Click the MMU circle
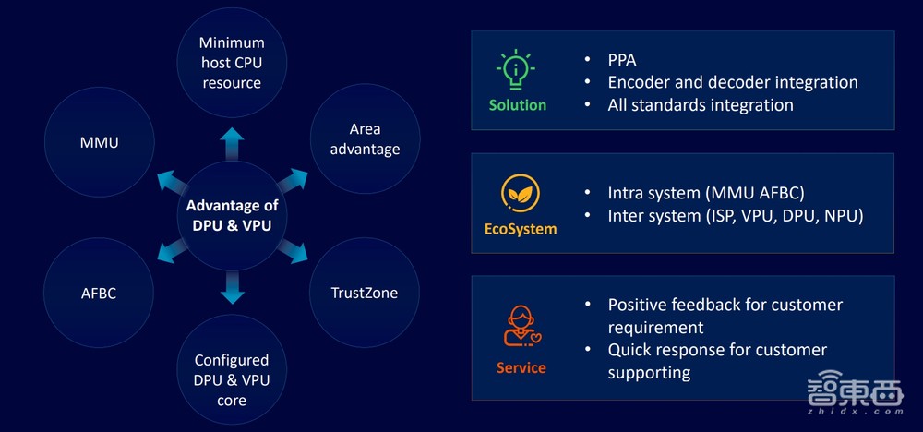(x=100, y=143)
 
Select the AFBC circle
(x=100, y=293)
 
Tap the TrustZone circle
(x=365, y=293)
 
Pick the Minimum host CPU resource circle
(x=232, y=63)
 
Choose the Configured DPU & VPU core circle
(x=232, y=379)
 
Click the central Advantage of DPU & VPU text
(x=232, y=214)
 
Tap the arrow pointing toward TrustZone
(x=293, y=251)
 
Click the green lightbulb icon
(x=517, y=71)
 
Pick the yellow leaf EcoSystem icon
(x=521, y=194)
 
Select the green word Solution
(x=518, y=105)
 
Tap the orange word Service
(x=521, y=367)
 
